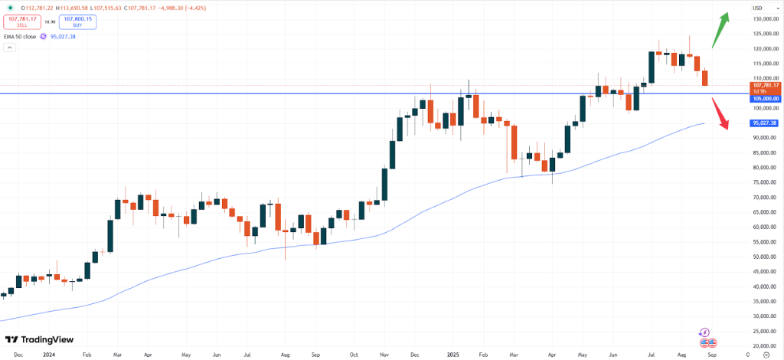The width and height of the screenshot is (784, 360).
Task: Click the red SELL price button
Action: pyautogui.click(x=22, y=22)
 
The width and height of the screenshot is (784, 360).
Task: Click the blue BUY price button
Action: pyautogui.click(x=77, y=22)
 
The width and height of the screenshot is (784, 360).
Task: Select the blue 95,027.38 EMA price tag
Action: pyautogui.click(x=764, y=123)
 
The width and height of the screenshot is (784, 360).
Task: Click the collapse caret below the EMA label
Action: pyautogui.click(x=10, y=47)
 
